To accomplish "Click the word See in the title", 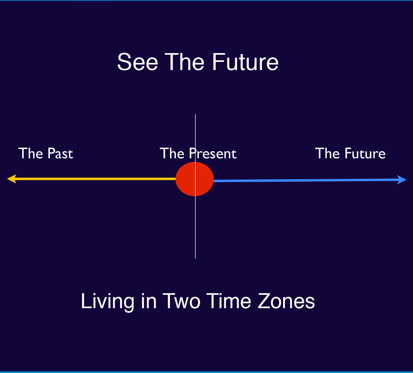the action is click(138, 62).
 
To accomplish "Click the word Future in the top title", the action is click(245, 62).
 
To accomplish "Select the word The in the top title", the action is click(184, 62).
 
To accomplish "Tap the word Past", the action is click(60, 153).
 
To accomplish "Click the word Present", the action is click(213, 153).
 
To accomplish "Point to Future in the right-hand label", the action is click(365, 153).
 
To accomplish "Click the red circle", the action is click(194, 179).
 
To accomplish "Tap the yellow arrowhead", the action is click(12, 179).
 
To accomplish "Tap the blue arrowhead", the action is click(402, 180).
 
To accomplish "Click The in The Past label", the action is click(31, 153).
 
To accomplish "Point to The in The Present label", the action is click(172, 153).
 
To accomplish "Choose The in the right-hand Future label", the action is click(327, 153).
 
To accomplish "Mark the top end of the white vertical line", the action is click(195, 114).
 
